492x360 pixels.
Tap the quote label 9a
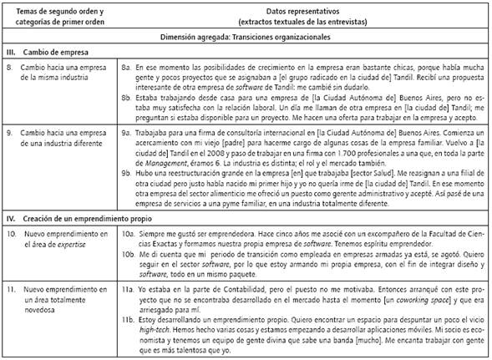126,129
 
